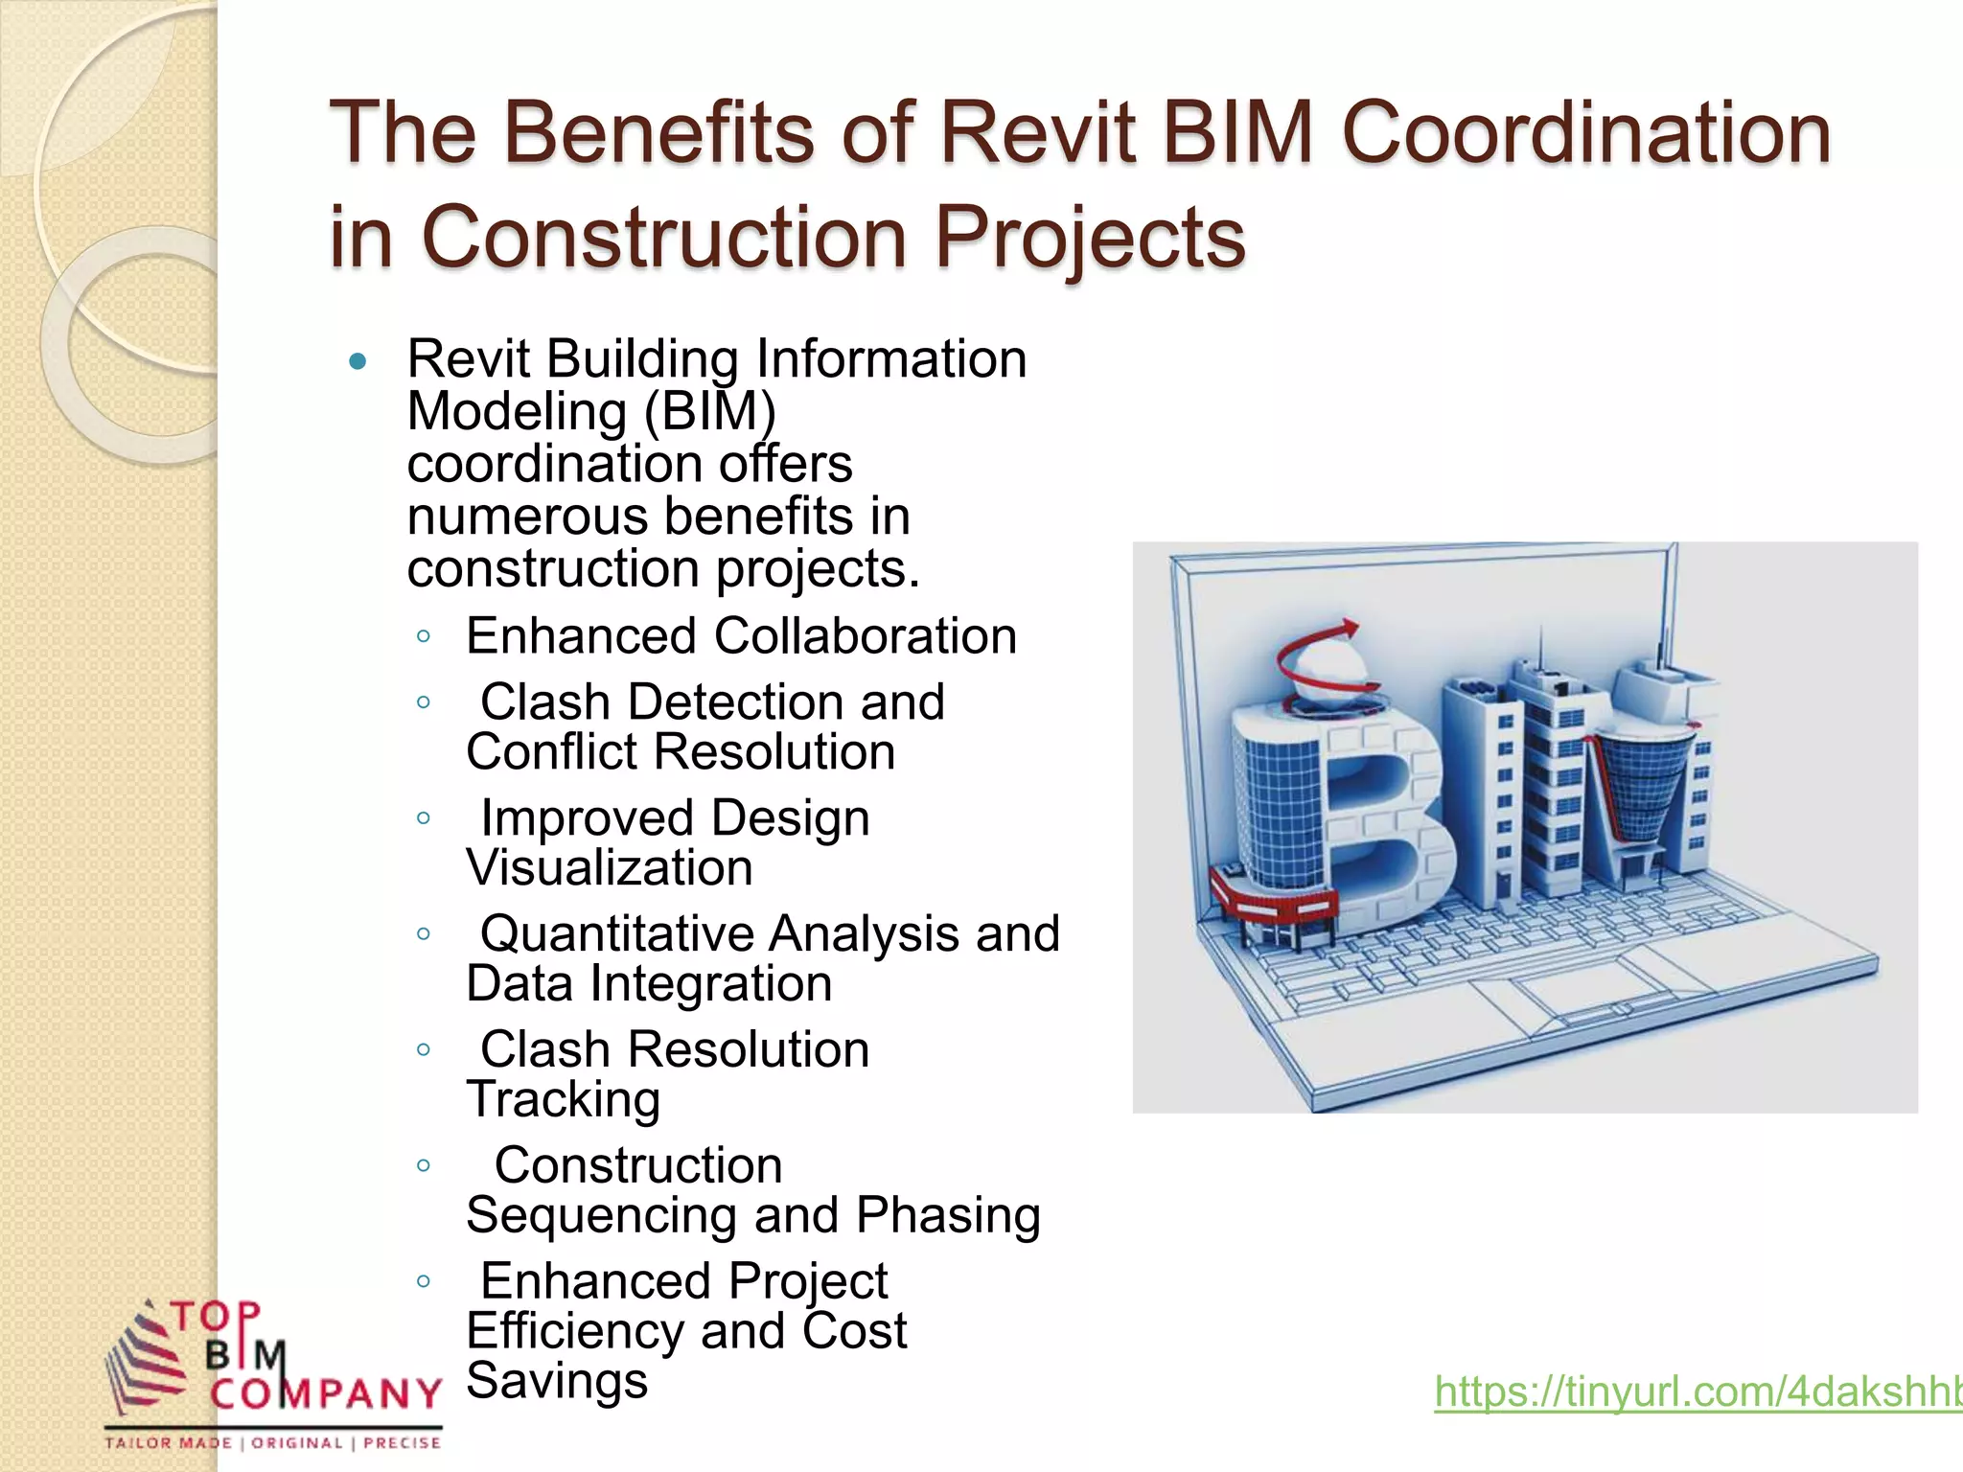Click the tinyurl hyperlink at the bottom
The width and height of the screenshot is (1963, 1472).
pyautogui.click(x=1697, y=1391)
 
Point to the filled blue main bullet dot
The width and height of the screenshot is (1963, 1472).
pyautogui.click(x=358, y=362)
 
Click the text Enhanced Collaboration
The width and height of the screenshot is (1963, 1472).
pyautogui.click(x=740, y=636)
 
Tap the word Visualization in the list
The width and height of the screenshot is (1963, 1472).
pyautogui.click(x=610, y=868)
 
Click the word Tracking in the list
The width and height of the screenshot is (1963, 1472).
pyautogui.click(x=564, y=1100)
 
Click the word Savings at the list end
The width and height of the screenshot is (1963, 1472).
pyautogui.click(x=557, y=1381)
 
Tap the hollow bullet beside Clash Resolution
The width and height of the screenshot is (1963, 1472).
pyautogui.click(x=424, y=1049)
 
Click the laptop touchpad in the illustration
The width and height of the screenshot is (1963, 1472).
pyautogui.click(x=1591, y=997)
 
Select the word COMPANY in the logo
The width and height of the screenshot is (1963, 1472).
pyautogui.click(x=326, y=1394)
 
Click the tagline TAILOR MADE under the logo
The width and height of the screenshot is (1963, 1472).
pyautogui.click(x=169, y=1443)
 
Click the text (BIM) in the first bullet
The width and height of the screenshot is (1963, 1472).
pyautogui.click(x=709, y=412)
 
